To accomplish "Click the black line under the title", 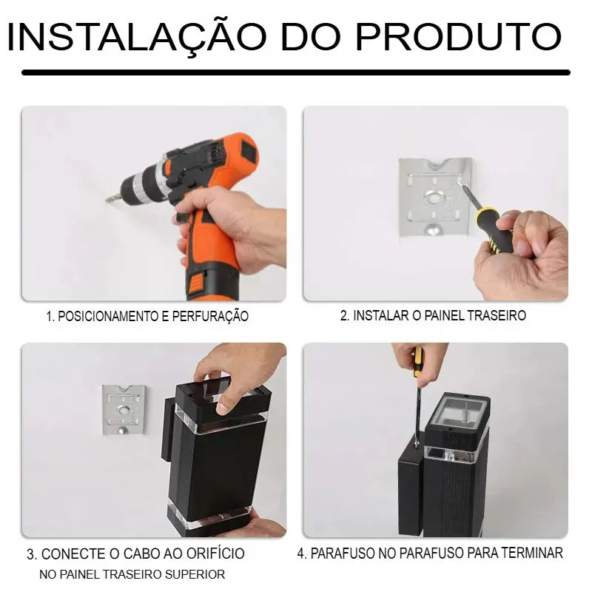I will point(296,73).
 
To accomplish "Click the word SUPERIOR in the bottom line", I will point(195,573).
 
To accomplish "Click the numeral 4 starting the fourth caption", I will point(300,553).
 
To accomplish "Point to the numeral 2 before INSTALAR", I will point(343,315).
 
